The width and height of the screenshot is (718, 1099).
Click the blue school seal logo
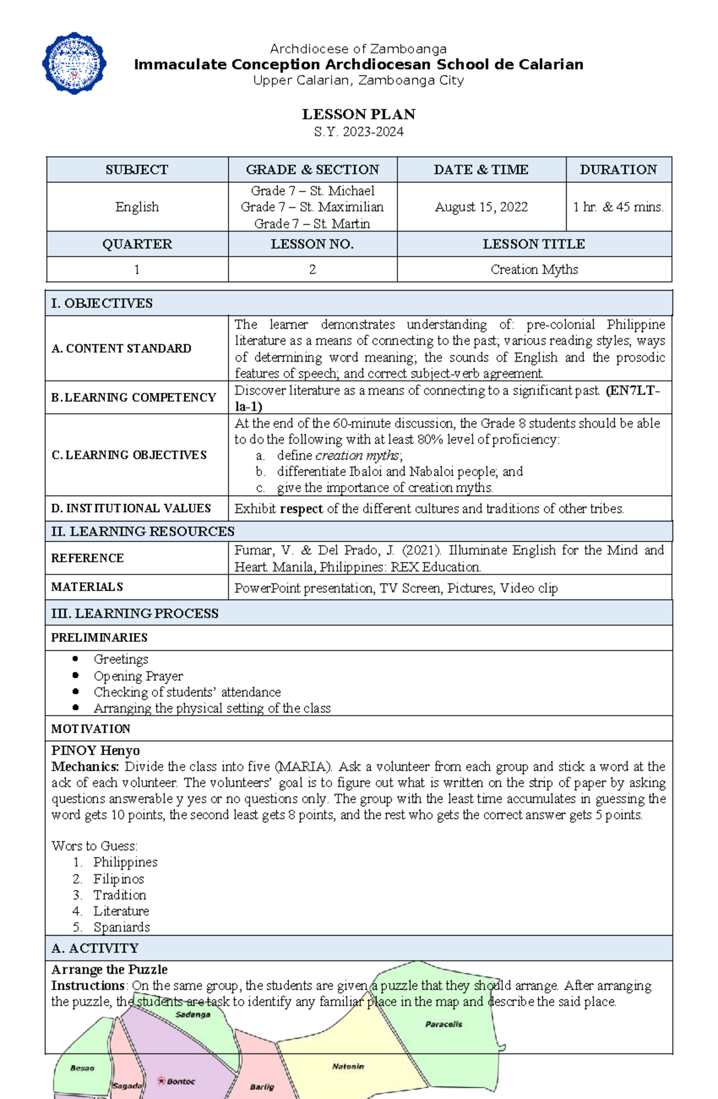74,63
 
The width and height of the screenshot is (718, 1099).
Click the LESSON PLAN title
358,114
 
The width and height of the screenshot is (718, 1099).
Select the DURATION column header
618,169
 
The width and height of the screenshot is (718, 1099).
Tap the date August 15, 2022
481,207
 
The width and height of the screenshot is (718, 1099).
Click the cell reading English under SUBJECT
137,207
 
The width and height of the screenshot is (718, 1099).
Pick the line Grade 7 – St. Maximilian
312,207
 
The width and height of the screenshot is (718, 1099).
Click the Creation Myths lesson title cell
534,270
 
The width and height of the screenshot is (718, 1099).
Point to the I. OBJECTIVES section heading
102,303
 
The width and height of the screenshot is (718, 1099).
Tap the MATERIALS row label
87,587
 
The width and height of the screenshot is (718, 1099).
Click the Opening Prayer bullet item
138,676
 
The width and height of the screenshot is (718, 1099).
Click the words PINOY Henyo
95,750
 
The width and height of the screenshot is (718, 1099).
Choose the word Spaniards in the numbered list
121,927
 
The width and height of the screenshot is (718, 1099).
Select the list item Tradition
120,895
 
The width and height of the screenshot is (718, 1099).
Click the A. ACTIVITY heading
95,948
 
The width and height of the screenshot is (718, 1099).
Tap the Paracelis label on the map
443,1024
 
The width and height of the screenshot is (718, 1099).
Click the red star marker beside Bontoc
161,1080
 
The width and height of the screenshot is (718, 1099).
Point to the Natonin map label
348,1066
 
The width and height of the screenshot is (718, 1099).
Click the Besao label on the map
82,1068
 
